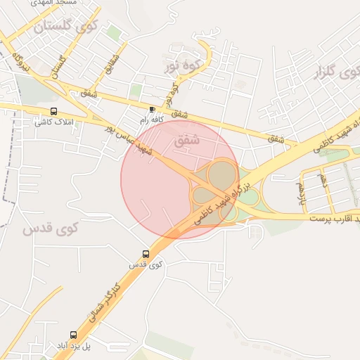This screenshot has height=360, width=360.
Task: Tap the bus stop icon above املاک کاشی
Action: coord(54,111)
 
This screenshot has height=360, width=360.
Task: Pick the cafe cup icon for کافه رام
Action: coord(153,110)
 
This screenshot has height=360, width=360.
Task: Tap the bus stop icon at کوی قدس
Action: coord(146,254)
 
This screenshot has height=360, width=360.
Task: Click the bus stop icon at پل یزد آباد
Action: coord(73,335)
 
